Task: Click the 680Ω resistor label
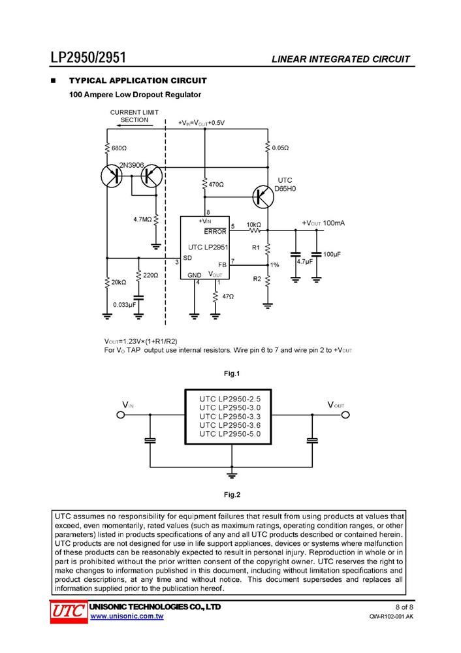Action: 119,148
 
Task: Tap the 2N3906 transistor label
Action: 132,165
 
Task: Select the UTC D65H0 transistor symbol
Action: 263,197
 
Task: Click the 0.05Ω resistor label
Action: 280,148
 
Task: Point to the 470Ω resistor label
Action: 216,184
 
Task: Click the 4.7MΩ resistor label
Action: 142,219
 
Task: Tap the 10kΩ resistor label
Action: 253,225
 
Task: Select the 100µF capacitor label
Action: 332,254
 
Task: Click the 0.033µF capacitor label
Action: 125,305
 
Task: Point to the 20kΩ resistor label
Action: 119,282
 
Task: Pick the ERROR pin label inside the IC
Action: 215,232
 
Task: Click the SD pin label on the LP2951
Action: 187,258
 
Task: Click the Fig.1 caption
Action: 232,374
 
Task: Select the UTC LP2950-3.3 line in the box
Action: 230,417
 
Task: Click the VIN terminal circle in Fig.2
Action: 120,415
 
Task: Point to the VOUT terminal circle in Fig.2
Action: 345,415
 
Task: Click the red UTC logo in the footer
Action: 69,613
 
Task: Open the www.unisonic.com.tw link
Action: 127,616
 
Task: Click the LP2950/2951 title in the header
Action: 88,57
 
